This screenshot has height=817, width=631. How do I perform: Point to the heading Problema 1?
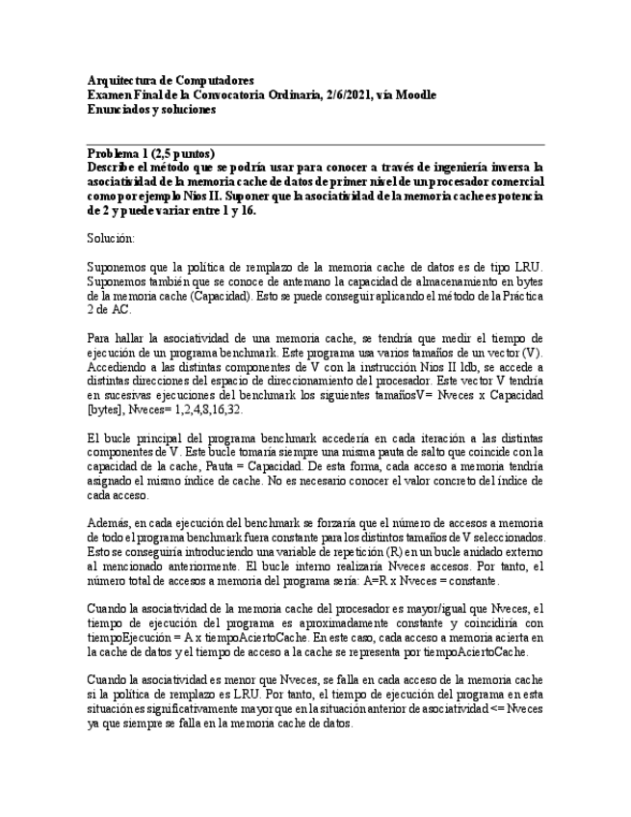pyautogui.click(x=122, y=154)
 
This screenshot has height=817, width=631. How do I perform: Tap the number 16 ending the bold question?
pyautogui.click(x=250, y=210)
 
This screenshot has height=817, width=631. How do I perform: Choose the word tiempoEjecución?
pyautogui.click(x=126, y=639)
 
